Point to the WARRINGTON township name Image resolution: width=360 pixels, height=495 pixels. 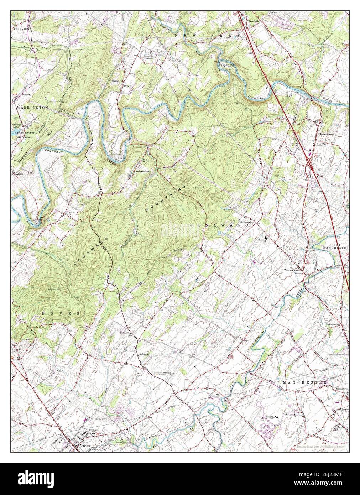click(32, 107)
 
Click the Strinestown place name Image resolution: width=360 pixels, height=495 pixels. click(328, 135)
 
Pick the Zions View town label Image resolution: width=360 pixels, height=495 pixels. click(291, 270)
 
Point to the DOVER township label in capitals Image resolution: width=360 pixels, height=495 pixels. click(61, 313)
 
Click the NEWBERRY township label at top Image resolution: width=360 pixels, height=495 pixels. click(207, 36)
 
